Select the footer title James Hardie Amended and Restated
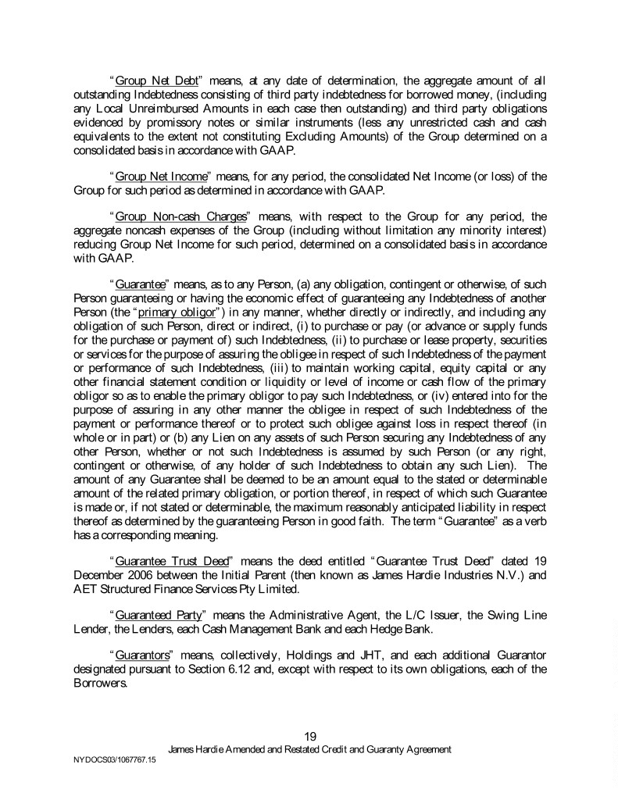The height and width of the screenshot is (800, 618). click(310, 749)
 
